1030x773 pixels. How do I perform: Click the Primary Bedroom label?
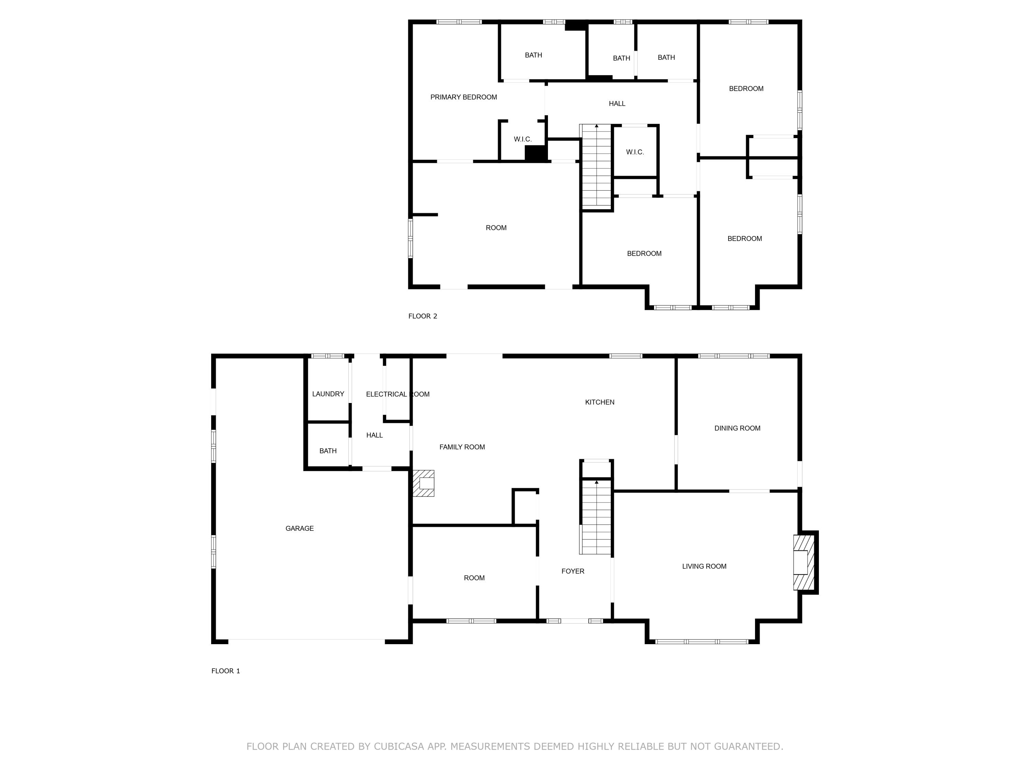click(463, 97)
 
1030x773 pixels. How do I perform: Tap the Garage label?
click(299, 528)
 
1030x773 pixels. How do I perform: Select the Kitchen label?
click(599, 402)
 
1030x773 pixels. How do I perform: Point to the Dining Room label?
click(737, 428)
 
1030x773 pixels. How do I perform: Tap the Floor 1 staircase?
click(596, 517)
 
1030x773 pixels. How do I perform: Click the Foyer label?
click(573, 571)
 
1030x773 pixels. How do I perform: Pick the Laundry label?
click(328, 394)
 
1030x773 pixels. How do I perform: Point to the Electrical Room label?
click(397, 394)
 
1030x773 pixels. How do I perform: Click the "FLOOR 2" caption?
click(422, 316)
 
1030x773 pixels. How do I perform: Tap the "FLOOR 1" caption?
click(225, 671)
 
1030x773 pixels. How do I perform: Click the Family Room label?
click(462, 447)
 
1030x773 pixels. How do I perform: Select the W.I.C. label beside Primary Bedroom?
click(523, 139)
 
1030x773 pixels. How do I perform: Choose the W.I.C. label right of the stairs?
click(635, 152)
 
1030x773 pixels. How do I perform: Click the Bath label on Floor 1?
click(328, 451)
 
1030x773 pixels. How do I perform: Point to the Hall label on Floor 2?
click(617, 104)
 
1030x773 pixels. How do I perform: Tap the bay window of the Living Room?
click(702, 642)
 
